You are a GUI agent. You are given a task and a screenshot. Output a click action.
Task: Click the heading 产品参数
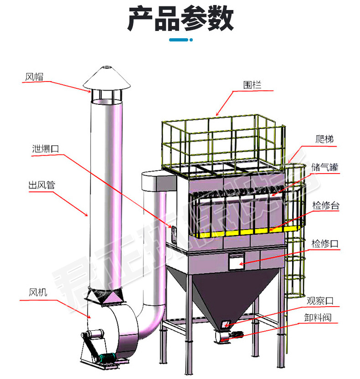[180, 19]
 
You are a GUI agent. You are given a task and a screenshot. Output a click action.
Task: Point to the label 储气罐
[325, 167]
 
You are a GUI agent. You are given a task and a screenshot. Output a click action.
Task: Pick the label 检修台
[325, 206]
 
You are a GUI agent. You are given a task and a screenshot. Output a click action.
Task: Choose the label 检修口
[325, 244]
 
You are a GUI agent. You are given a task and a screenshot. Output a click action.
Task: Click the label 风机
[38, 292]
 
